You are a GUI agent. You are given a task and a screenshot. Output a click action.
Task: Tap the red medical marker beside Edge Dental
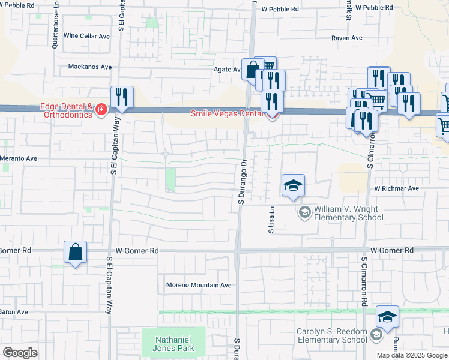click(x=101, y=109)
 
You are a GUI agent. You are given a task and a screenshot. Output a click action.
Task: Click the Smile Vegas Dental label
click(x=226, y=113)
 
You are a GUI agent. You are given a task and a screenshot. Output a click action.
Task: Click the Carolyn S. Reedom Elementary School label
click(x=331, y=336)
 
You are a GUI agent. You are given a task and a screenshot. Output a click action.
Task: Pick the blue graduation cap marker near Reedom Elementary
click(x=387, y=317)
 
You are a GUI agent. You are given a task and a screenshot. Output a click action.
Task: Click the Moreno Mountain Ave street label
click(x=199, y=285)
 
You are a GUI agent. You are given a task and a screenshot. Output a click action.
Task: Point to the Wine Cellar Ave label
click(x=86, y=36)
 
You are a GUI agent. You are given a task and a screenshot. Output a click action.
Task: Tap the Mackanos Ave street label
click(x=90, y=67)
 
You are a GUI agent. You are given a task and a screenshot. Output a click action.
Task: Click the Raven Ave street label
click(x=347, y=38)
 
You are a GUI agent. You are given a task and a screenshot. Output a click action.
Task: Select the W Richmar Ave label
click(x=396, y=188)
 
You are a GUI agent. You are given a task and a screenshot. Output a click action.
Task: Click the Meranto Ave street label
click(x=19, y=158)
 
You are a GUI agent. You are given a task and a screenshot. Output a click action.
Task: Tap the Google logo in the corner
click(x=20, y=353)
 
